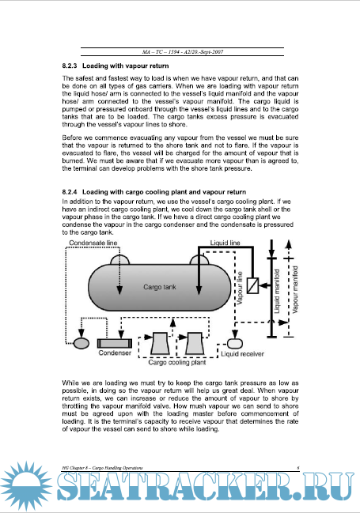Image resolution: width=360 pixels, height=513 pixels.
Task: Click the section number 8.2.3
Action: point(70,66)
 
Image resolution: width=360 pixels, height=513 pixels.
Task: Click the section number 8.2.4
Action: point(70,192)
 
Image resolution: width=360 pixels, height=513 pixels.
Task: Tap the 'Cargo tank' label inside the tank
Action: point(160,287)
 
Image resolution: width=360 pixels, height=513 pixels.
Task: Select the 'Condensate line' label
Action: point(93,243)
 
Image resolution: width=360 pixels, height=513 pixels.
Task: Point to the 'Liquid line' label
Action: point(225,243)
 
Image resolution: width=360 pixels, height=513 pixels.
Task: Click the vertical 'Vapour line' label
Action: point(240,288)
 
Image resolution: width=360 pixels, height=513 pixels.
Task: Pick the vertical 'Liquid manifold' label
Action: point(277,291)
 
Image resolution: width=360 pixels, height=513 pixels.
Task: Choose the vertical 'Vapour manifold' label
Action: point(295,289)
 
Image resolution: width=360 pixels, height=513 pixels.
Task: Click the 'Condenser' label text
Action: point(115,353)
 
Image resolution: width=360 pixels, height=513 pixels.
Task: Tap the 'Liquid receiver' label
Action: point(242,354)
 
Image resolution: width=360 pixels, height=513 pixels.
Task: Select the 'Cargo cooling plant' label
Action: point(177,362)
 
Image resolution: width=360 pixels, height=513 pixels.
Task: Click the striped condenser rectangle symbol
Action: point(115,343)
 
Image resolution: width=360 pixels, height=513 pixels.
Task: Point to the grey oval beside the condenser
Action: point(81,343)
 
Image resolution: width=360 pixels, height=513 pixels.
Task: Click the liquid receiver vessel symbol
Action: point(235,343)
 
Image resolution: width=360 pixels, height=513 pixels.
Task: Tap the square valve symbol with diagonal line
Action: point(252,285)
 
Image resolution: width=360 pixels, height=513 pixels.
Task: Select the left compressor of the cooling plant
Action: point(160,344)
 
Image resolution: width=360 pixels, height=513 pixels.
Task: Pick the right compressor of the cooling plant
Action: point(194,344)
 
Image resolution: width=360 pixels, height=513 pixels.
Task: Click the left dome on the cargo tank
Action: point(120,260)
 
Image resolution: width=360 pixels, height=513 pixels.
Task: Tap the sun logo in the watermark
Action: point(26,486)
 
